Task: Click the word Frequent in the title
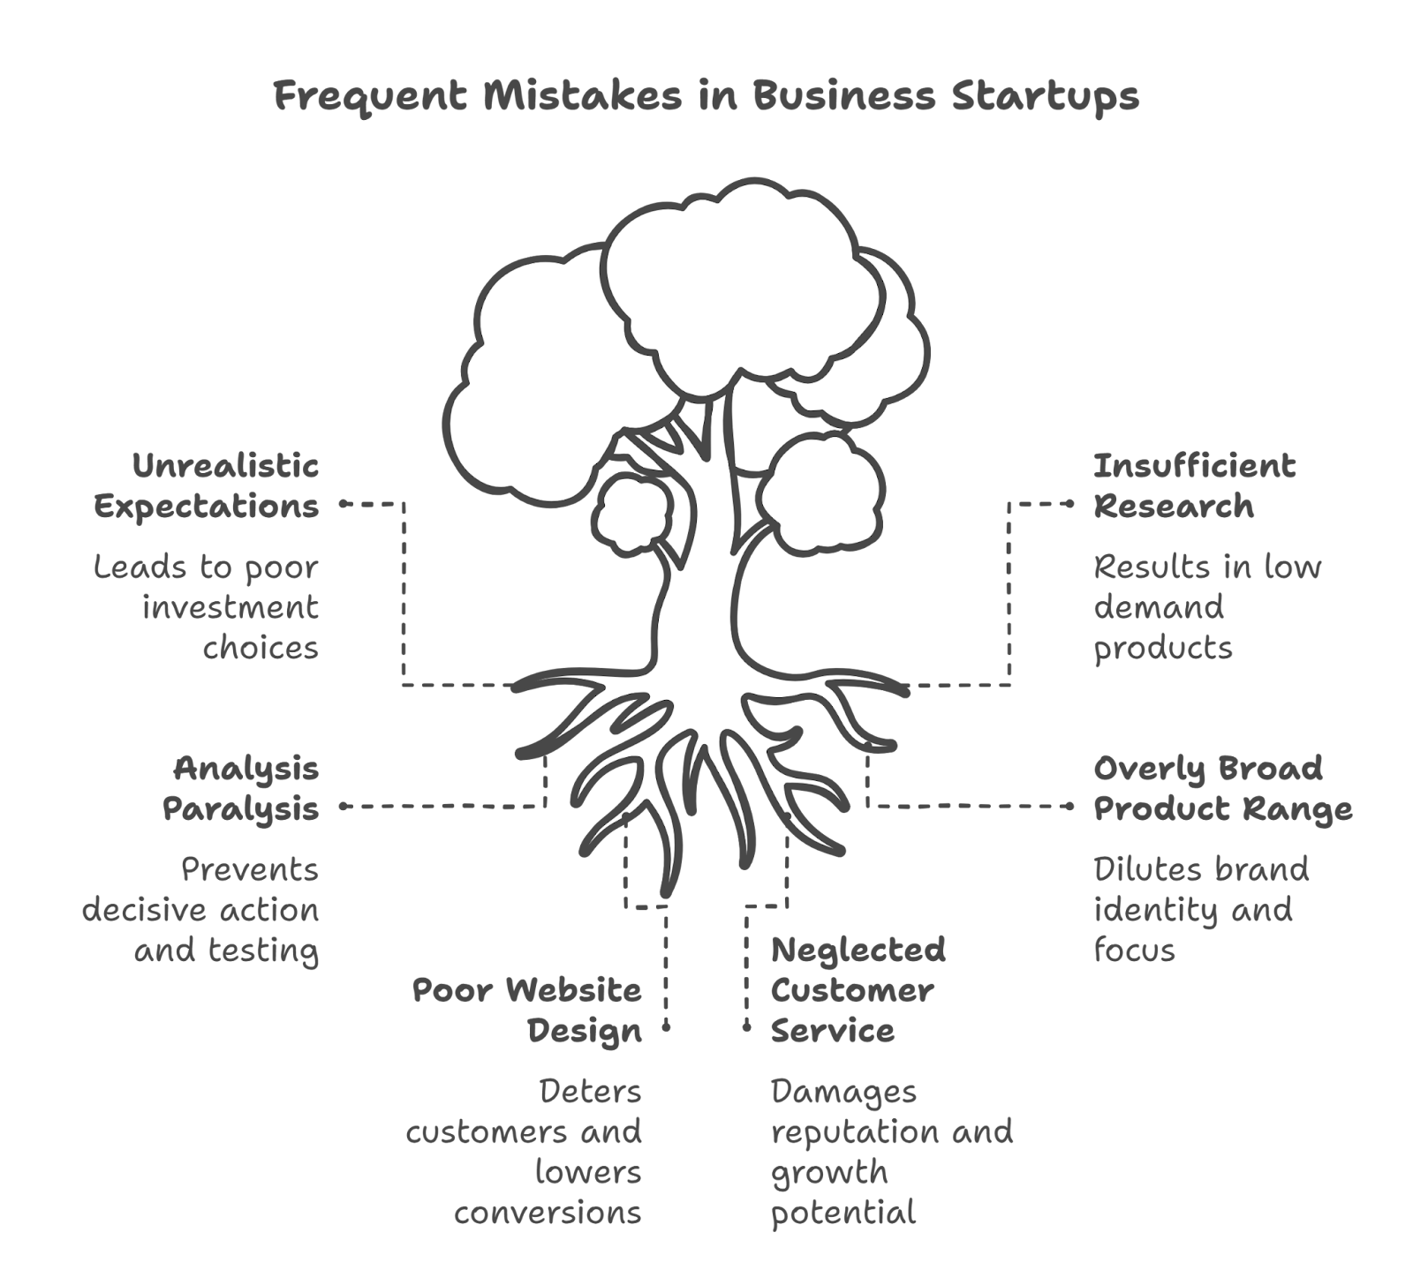[370, 95]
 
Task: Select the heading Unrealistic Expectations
[207, 485]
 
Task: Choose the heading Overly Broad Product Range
[1222, 788]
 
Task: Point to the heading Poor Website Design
[527, 1010]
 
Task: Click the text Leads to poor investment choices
[207, 607]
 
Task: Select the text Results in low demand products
[1206, 607]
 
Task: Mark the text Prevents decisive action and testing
[201, 910]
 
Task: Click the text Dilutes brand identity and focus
[1201, 910]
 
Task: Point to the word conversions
[548, 1213]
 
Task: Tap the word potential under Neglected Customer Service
[843, 1213]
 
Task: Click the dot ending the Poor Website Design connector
[667, 1027]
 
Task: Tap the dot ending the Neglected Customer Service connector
[746, 1027]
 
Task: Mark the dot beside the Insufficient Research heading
[1073, 504]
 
